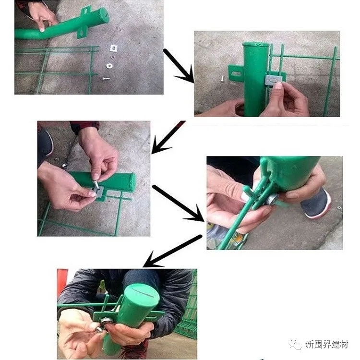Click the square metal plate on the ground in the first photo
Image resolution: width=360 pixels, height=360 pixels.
(x=113, y=48)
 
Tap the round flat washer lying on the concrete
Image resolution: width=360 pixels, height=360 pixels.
(x=109, y=66)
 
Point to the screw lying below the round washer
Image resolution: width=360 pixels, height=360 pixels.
(x=106, y=79)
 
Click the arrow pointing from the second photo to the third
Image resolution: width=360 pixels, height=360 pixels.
(x=168, y=137)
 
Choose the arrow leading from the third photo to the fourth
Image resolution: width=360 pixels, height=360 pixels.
(x=178, y=203)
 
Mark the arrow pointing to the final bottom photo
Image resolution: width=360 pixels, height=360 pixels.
(x=172, y=251)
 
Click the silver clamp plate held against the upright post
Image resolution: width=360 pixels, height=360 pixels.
(x=273, y=79)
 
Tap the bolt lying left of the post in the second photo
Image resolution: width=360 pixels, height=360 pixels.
(x=222, y=79)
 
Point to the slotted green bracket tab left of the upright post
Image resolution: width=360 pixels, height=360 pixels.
(x=236, y=74)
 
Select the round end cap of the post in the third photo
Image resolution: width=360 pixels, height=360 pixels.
(x=132, y=182)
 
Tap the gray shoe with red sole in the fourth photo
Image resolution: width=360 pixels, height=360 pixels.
(x=316, y=203)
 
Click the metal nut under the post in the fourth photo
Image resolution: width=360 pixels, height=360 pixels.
(x=272, y=199)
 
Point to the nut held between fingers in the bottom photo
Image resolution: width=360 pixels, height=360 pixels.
(x=99, y=330)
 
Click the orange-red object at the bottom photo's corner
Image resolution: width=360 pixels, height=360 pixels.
(x=61, y=282)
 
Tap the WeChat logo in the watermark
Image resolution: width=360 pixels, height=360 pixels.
(x=296, y=344)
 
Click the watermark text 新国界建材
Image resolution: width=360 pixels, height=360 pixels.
(x=326, y=344)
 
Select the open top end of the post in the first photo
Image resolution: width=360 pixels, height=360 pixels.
(x=102, y=14)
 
